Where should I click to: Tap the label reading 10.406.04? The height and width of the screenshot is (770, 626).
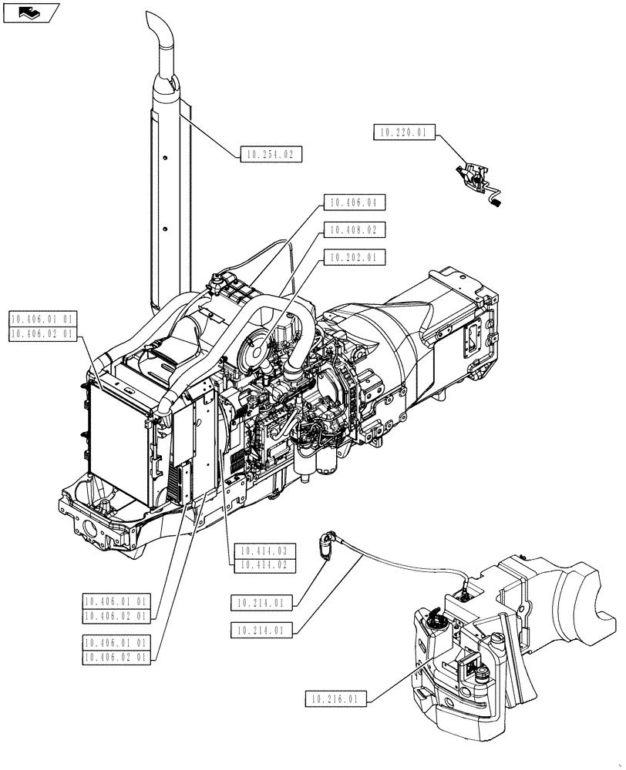[353, 203]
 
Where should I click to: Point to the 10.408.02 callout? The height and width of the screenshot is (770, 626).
[353, 230]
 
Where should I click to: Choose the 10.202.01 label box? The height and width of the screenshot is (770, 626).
[353, 258]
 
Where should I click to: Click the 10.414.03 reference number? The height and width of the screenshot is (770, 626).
[264, 551]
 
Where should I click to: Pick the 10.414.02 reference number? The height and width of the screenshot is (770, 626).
[264, 564]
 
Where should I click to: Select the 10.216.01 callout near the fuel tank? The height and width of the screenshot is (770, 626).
[335, 699]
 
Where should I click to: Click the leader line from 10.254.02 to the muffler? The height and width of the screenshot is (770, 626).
[208, 128]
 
